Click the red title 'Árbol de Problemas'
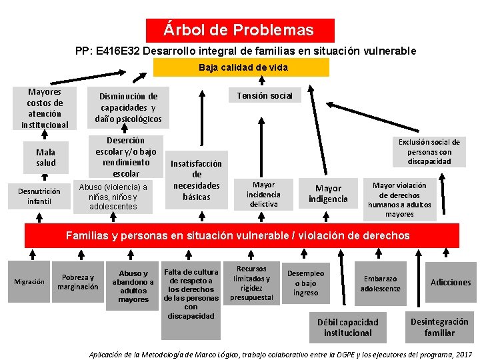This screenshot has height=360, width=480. [240, 31]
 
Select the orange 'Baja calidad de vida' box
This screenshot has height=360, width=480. [241, 67]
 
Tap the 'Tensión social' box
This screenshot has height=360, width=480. [265, 95]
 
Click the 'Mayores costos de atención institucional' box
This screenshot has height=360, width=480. [45, 108]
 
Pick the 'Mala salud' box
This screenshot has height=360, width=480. [45, 157]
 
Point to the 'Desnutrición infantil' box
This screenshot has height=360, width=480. [39, 196]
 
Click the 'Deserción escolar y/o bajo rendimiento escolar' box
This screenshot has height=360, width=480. [126, 157]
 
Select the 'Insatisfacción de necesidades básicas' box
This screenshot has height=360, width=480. [197, 180]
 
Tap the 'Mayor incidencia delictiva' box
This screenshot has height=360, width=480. [264, 195]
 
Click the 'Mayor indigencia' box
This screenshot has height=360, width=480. [328, 194]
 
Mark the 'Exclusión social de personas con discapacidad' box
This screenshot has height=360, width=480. [429, 151]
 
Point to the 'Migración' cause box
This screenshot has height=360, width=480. [30, 281]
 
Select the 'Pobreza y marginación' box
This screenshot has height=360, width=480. [78, 282]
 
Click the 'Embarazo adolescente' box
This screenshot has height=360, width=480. [380, 283]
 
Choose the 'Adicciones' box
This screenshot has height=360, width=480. [451, 283]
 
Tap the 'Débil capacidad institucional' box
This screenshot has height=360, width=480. [347, 327]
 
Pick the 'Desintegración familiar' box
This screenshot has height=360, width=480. [439, 327]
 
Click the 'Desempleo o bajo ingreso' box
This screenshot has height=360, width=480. [305, 283]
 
